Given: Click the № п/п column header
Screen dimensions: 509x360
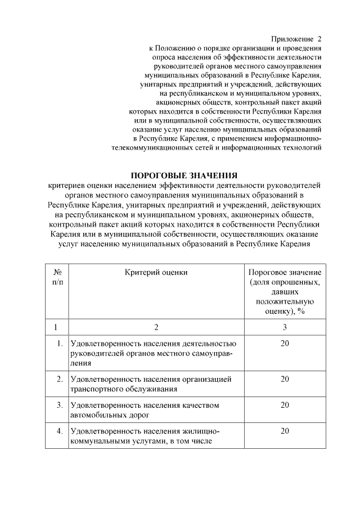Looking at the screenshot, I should [57, 277].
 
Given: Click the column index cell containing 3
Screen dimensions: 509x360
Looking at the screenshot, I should [285, 327].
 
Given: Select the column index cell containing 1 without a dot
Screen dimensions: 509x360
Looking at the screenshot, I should [56, 327].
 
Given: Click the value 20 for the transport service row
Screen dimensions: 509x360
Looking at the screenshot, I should [285, 380].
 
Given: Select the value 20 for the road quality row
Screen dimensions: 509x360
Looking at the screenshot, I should [285, 405].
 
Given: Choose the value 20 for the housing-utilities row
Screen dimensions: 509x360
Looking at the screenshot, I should [285, 431].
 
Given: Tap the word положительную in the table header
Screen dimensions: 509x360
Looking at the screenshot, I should [285, 301].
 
